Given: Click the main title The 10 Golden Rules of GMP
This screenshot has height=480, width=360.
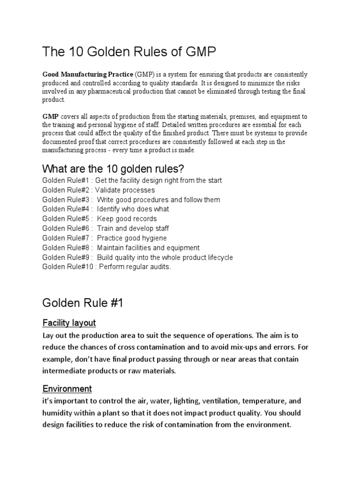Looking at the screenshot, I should [129, 52].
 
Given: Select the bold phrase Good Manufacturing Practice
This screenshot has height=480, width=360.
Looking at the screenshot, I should [88, 75].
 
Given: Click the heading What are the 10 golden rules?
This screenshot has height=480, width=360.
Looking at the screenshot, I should [117, 168].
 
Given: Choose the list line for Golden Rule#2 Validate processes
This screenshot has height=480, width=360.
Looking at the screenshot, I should [98, 190].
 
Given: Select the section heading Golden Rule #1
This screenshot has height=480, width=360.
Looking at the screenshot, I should [82, 303].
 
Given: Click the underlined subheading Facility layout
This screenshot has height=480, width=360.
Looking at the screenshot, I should [69, 322].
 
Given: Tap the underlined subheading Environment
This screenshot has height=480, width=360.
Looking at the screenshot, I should [67, 389].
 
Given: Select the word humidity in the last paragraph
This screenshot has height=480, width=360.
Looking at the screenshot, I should [59, 413].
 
